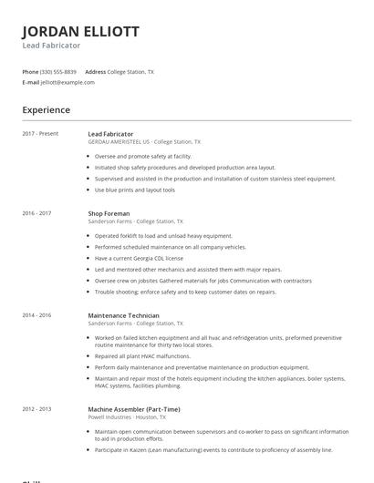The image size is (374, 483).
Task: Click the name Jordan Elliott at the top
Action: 80,31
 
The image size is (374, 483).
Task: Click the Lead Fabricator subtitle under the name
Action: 51,46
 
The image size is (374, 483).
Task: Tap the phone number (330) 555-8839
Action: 58,71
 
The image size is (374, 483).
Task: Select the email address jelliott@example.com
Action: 68,82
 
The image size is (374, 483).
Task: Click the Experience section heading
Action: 47,110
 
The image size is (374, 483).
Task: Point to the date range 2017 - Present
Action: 40,134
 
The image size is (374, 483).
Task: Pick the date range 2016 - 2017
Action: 37,213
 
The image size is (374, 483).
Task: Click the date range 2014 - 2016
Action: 37,315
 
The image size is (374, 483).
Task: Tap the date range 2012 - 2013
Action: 37,409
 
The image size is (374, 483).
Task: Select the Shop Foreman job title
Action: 109,213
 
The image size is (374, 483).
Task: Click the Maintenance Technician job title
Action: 123,315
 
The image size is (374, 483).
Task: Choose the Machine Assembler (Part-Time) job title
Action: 133,409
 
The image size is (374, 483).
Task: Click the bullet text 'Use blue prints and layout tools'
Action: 135,190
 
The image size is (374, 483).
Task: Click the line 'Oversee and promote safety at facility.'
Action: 143,156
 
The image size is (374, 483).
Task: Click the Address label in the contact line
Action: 95,71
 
